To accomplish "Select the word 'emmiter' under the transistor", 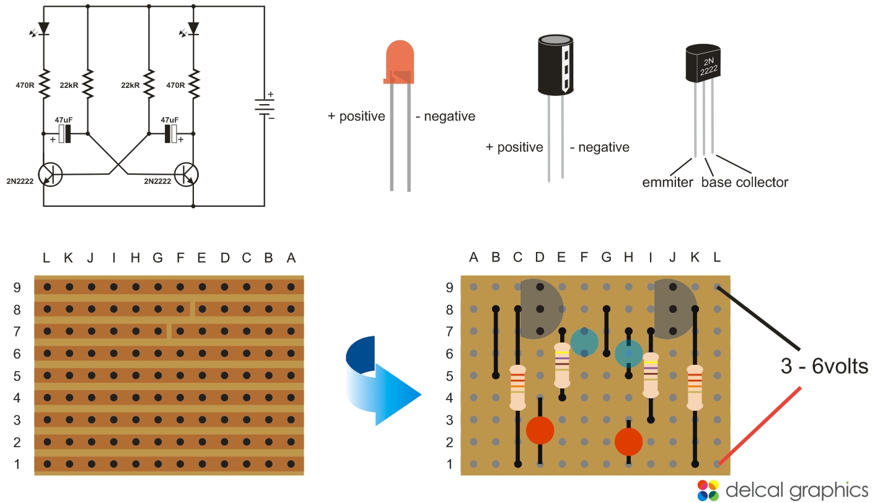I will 667,182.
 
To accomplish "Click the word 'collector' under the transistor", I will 762,182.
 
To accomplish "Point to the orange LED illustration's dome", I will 400,59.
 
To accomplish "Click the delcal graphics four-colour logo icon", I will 708,489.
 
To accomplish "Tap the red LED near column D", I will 540,432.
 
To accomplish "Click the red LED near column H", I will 628,441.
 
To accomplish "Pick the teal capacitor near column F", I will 584,342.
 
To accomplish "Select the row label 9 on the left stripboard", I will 17,287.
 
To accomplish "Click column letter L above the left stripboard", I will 46,257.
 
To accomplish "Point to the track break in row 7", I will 169,331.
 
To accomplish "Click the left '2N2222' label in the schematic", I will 20,182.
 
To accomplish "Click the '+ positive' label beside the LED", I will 356,116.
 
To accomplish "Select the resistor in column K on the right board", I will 695,387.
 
